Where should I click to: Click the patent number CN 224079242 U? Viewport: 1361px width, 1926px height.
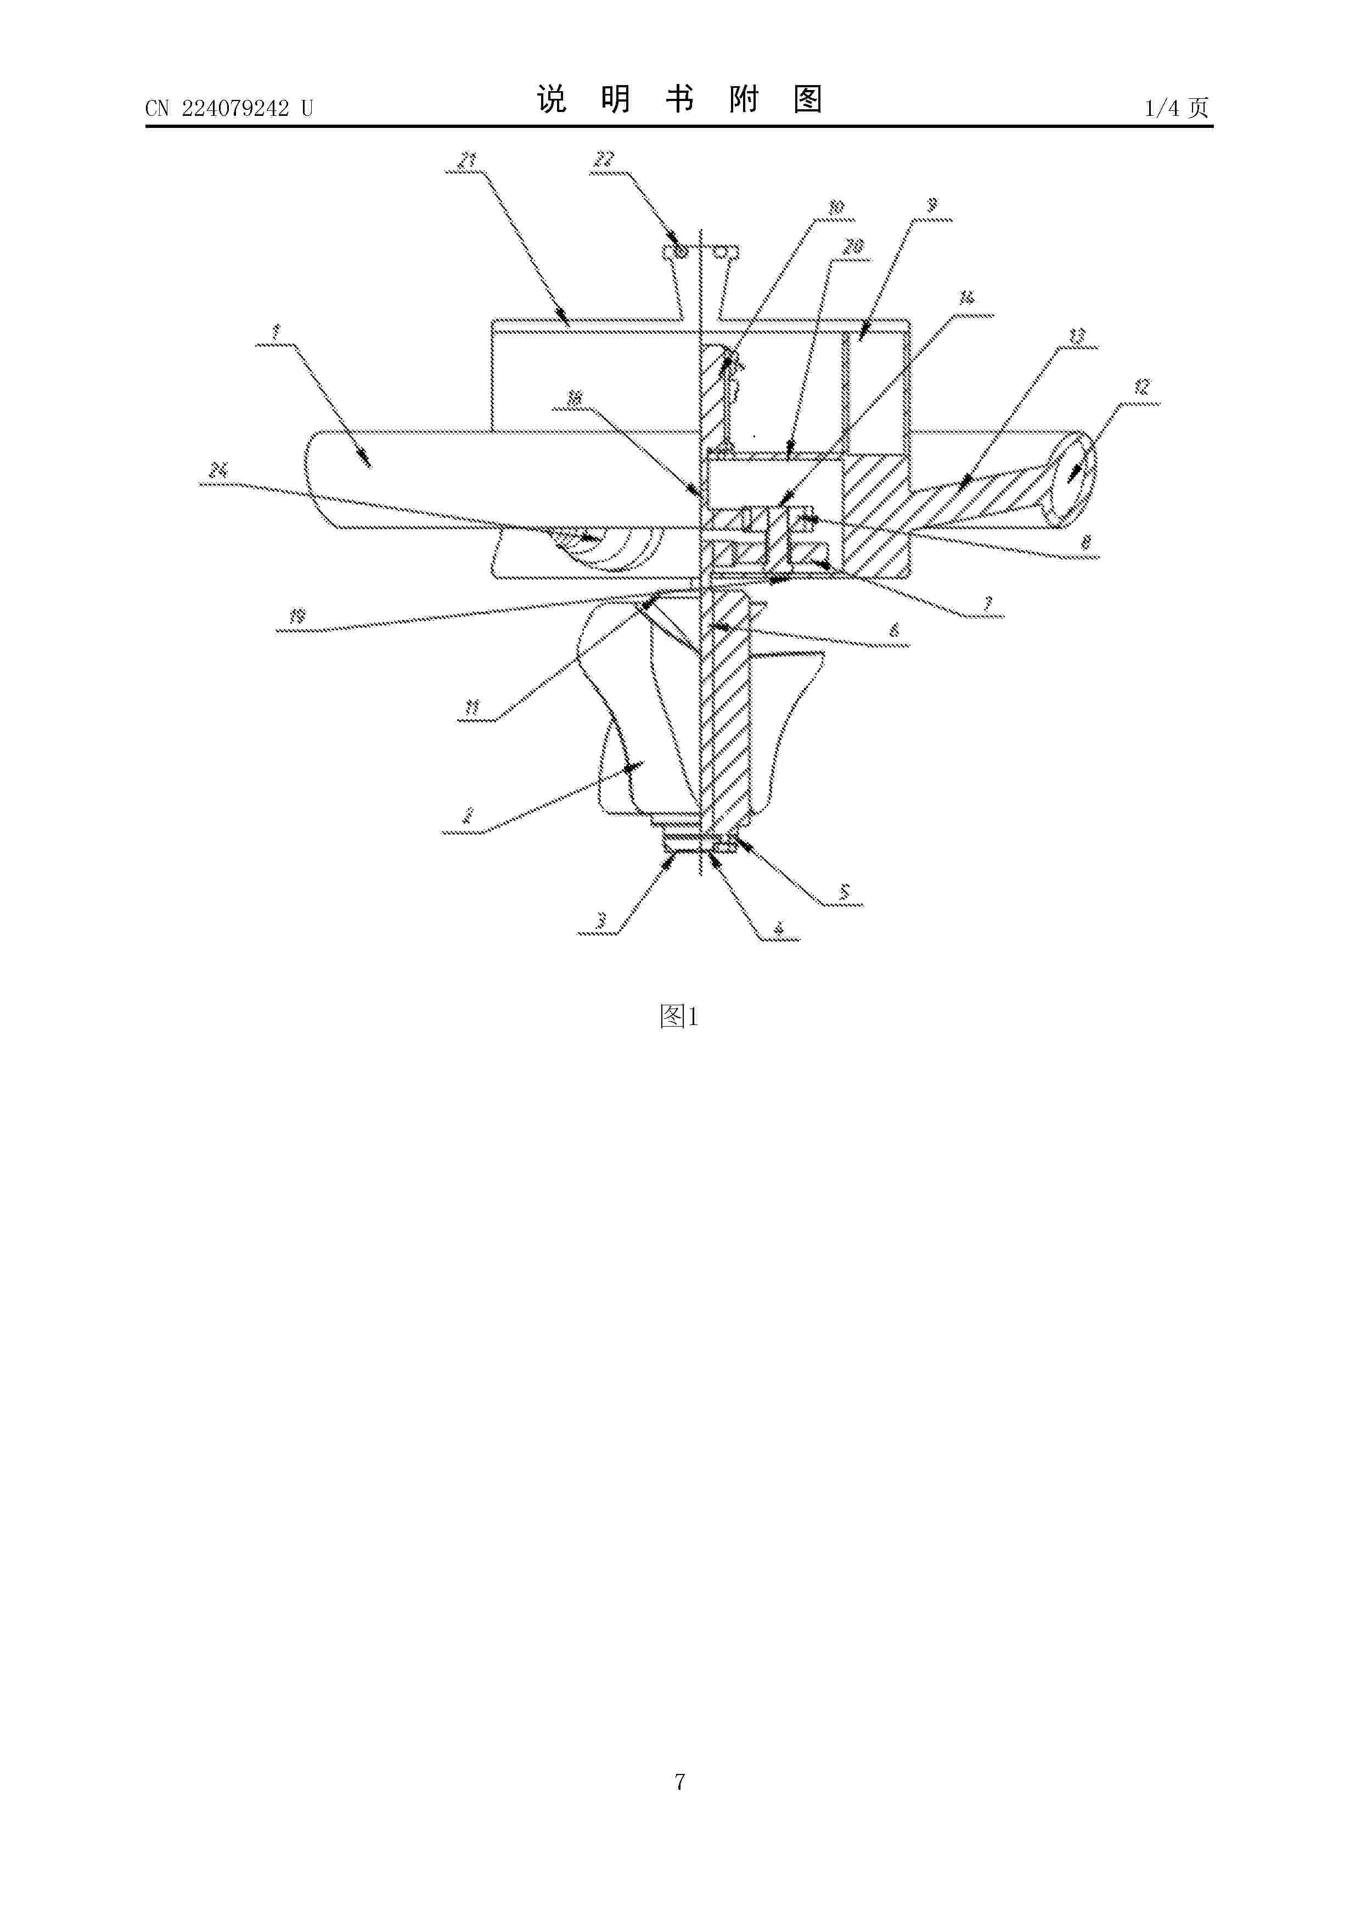pos(228,108)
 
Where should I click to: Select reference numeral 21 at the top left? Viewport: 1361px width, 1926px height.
pos(468,159)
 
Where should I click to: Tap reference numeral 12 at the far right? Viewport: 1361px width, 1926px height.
pos(1141,388)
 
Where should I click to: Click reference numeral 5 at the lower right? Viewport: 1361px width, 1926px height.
pos(845,891)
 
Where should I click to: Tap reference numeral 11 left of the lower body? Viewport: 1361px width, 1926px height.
pos(472,709)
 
